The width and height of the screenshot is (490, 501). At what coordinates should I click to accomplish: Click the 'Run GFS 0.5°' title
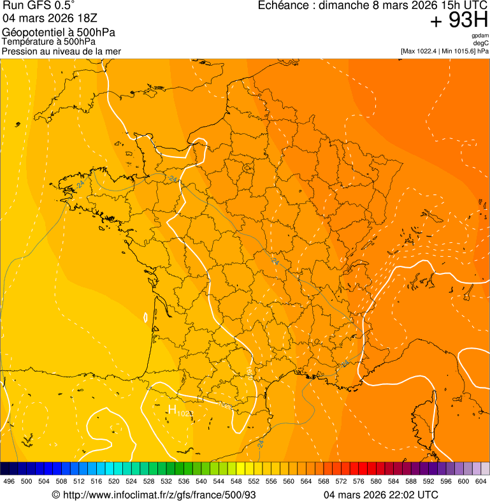coord(38,6)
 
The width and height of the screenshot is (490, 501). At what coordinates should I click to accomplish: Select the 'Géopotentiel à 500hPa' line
coord(59,33)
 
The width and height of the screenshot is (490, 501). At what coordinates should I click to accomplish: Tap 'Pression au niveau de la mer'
coord(61,51)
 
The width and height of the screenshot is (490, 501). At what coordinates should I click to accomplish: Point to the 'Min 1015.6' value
coord(458,51)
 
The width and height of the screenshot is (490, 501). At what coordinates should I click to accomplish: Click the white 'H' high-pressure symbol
coord(171,409)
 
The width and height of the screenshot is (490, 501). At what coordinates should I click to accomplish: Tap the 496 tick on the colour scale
coord(9,481)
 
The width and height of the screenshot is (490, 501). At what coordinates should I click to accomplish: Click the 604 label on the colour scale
coord(481,481)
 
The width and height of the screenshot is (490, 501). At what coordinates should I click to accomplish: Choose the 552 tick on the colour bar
coord(254,481)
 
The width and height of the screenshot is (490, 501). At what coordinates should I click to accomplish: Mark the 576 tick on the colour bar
coord(359,481)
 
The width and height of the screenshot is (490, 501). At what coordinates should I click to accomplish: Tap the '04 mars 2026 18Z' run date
coord(50,18)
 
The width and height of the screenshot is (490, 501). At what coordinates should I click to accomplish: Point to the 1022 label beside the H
coord(185,414)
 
